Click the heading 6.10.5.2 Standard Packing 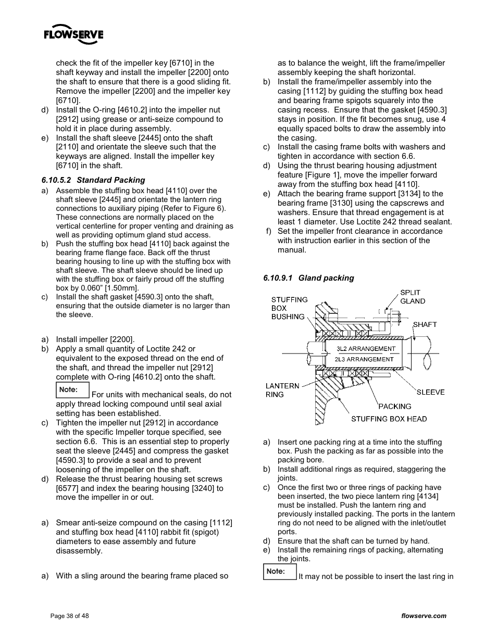tap(93, 180)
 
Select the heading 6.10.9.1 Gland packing tap(308, 278)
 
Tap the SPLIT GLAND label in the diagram tap(412, 297)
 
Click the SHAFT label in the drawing tap(425, 324)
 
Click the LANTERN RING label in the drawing tap(282, 390)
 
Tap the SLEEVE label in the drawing tap(430, 392)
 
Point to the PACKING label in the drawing tap(394, 406)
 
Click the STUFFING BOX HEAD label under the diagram tap(389, 419)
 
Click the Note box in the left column tap(72, 390)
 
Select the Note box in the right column tap(279, 572)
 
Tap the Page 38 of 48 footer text tap(69, 616)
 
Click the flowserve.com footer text tap(424, 616)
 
